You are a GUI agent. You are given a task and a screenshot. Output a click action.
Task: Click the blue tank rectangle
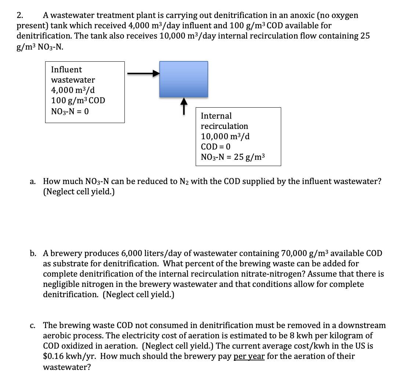pos(183,79)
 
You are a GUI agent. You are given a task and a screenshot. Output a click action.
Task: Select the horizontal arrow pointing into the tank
pos(144,73)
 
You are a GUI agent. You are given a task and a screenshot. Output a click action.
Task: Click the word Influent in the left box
pos(66,69)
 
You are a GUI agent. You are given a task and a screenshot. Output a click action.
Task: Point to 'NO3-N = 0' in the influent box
pos(70,111)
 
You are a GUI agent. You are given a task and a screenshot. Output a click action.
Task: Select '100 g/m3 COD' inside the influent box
pos(78,100)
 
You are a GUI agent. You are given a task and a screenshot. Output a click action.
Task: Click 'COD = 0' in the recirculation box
pos(215,147)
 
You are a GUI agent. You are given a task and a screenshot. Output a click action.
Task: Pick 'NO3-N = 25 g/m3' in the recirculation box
pos(232,157)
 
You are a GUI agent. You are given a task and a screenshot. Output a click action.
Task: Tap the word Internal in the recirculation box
pos(216,116)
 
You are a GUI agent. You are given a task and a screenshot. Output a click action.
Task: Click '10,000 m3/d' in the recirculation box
pos(225,136)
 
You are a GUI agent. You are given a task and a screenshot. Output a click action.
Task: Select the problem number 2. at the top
pos(21,15)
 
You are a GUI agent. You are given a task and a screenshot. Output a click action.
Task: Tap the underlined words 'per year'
pos(249,356)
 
